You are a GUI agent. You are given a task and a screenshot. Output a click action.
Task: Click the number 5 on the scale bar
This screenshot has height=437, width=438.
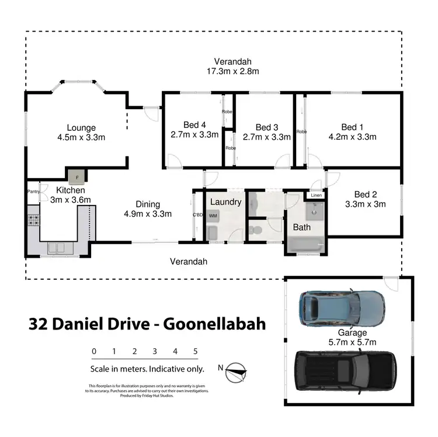coord(195,351)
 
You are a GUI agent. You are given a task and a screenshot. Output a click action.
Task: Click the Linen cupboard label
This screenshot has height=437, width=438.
coord(316,195)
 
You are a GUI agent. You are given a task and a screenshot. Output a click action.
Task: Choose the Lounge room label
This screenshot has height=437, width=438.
coord(81,128)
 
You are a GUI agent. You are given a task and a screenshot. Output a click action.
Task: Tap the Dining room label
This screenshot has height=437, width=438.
coord(147,204)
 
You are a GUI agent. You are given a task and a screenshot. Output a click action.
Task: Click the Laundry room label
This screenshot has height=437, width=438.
coord(225,202)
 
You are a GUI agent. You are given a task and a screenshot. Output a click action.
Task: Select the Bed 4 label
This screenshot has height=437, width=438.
coord(194,124)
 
